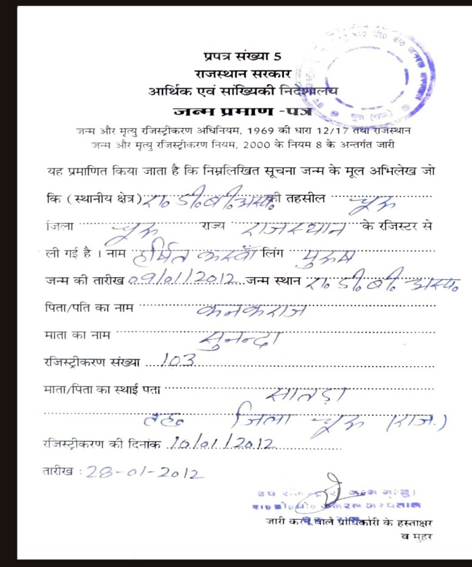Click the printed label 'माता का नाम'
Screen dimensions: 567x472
coord(75,333)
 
